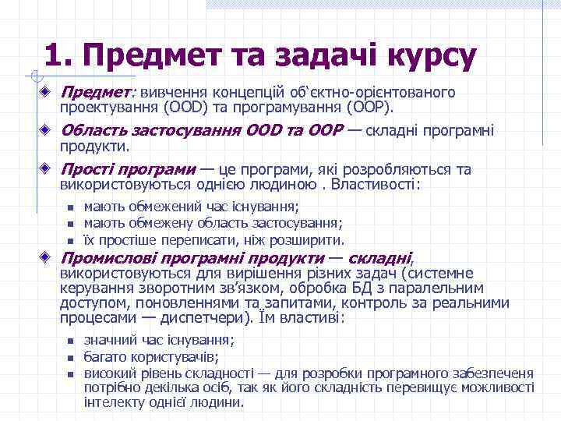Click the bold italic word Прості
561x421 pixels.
(90, 170)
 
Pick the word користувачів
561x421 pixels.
(168, 357)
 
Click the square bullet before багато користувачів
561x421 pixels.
(69, 358)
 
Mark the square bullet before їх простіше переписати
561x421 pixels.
(69, 241)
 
